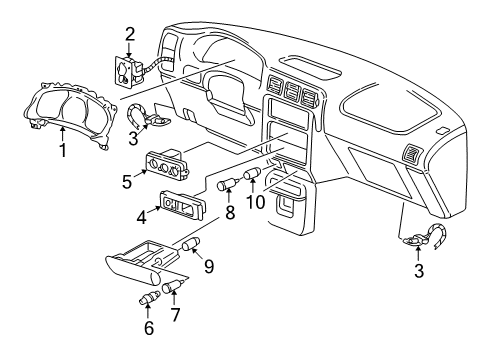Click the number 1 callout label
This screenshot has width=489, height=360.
(x=62, y=151)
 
